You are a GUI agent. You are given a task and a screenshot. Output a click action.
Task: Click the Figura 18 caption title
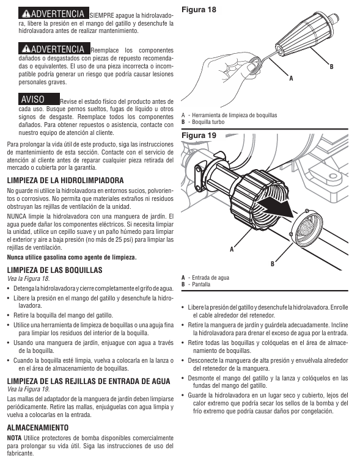(199, 10)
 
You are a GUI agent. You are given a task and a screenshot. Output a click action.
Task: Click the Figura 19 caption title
(199, 136)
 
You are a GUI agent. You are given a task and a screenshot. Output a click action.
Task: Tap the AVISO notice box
(39, 99)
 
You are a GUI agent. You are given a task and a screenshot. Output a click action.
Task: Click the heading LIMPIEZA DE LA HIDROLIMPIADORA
(65, 180)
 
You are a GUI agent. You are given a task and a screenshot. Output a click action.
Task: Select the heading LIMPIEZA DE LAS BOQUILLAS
(55, 270)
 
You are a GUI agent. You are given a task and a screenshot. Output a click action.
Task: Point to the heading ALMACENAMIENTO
(38, 427)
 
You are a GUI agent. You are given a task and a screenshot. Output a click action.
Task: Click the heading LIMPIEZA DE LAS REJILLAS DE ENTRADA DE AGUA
(89, 382)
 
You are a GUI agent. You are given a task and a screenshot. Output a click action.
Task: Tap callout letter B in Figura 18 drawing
(331, 67)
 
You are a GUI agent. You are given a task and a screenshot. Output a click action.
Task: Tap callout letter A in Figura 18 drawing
(291, 78)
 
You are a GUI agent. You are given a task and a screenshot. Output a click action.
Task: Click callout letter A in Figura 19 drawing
(232, 249)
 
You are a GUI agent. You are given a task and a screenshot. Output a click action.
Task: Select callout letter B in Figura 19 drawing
(273, 264)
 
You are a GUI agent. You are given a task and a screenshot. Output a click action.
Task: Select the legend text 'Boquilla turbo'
(208, 122)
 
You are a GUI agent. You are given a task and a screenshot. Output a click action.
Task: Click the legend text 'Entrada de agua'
(210, 278)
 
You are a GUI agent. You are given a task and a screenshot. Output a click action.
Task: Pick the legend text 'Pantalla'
(201, 285)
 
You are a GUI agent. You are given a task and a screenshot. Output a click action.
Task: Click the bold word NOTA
(14, 438)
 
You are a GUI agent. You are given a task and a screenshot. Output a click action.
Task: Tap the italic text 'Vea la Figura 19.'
(28, 390)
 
